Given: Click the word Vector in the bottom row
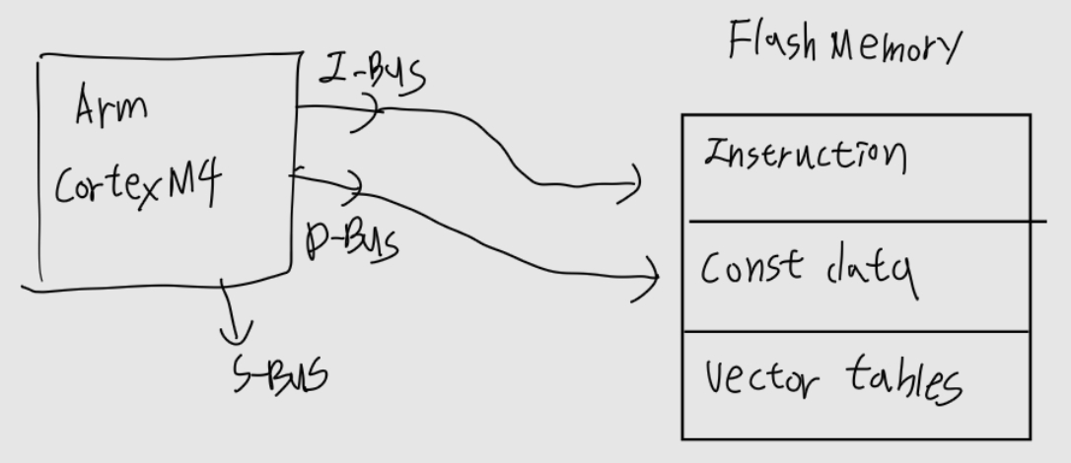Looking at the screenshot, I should pos(757,377).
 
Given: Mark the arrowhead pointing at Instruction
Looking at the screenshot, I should pos(636,182).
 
